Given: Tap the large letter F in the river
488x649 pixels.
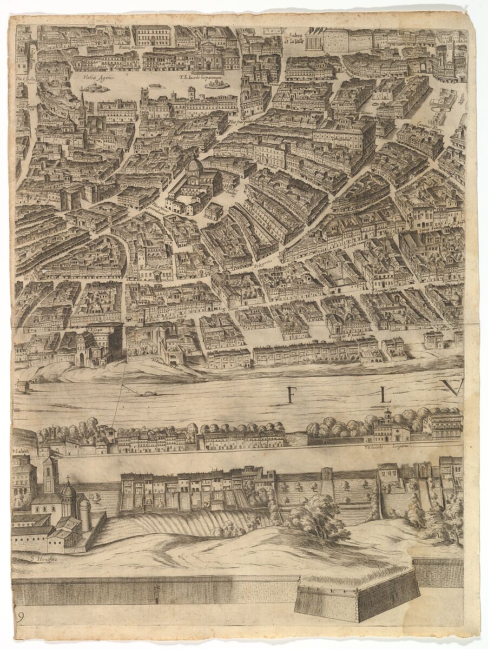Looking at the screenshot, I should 291,395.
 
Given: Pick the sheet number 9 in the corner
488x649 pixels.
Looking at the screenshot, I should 20,618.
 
